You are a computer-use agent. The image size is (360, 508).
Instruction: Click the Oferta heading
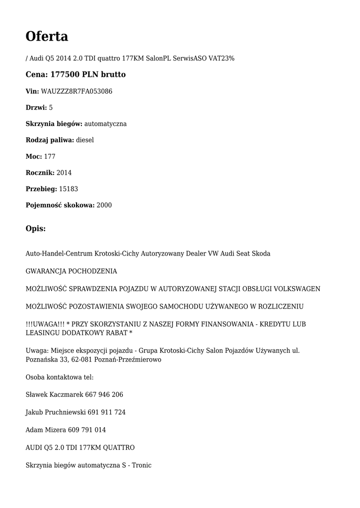tap(47, 36)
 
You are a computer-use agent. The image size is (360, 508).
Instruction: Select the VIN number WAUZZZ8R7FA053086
tap(76, 91)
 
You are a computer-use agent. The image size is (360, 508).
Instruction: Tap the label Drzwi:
tap(36, 108)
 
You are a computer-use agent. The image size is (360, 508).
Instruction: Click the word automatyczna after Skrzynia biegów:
tap(105, 124)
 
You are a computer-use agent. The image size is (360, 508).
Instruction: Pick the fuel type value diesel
tap(85, 140)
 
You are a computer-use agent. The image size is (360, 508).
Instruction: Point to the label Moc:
tap(34, 156)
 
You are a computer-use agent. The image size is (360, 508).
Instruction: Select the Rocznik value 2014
tap(64, 173)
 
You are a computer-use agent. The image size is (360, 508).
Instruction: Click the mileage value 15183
tap(69, 189)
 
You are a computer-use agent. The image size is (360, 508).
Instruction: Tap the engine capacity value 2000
tap(104, 205)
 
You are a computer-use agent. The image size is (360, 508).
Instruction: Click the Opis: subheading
tap(36, 229)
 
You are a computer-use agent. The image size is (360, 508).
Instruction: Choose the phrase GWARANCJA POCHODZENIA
tap(72, 271)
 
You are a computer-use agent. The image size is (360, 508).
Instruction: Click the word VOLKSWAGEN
tap(297, 289)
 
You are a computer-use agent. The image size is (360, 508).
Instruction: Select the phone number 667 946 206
tap(104, 395)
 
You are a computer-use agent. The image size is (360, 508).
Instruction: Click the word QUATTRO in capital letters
tap(119, 447)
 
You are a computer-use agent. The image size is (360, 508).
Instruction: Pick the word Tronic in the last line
tap(141, 465)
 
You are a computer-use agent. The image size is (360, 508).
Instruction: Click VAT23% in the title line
tap(221, 59)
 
